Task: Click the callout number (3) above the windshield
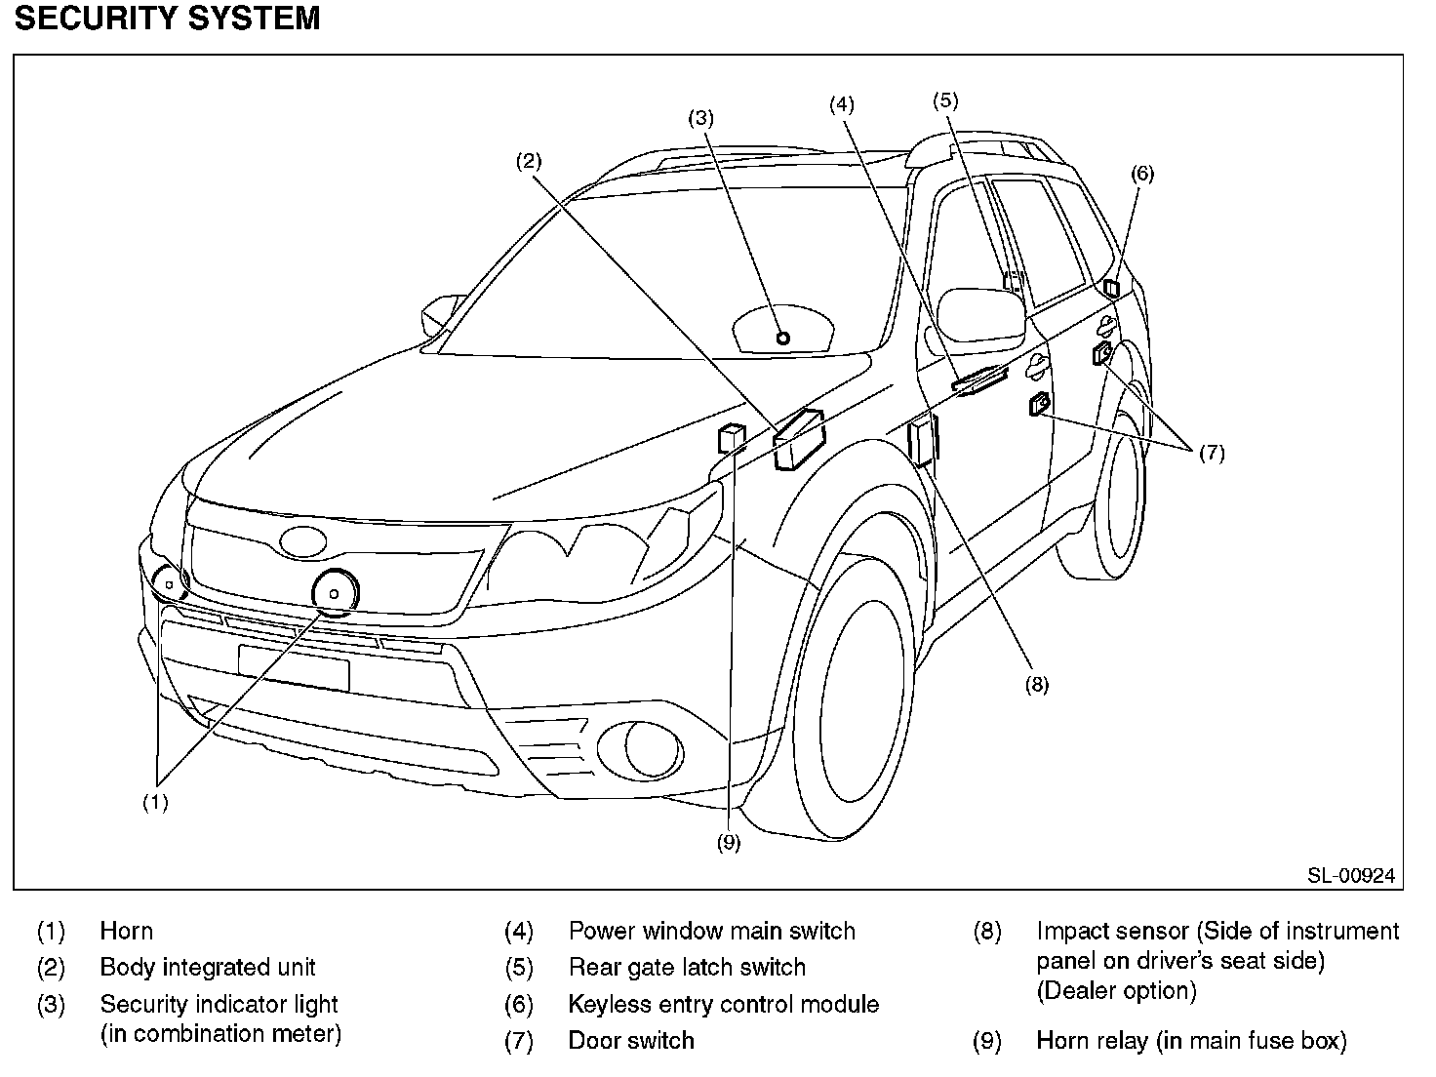click(x=700, y=118)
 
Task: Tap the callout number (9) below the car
click(x=728, y=843)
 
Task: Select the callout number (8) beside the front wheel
click(x=1036, y=685)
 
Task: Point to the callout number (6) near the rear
click(x=1142, y=174)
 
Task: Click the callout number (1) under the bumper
click(x=156, y=802)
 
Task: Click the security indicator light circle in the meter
click(x=783, y=339)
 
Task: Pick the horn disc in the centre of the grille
click(x=335, y=593)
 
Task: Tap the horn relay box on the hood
click(x=732, y=438)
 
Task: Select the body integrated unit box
click(x=799, y=439)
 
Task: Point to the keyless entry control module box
click(x=1111, y=288)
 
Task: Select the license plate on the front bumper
click(x=294, y=667)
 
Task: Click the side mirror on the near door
click(x=980, y=315)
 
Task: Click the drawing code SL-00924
click(x=1351, y=875)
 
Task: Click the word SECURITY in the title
click(x=96, y=18)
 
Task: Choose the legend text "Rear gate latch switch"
click(x=687, y=967)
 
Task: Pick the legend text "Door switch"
click(x=631, y=1040)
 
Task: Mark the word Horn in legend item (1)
click(x=126, y=931)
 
